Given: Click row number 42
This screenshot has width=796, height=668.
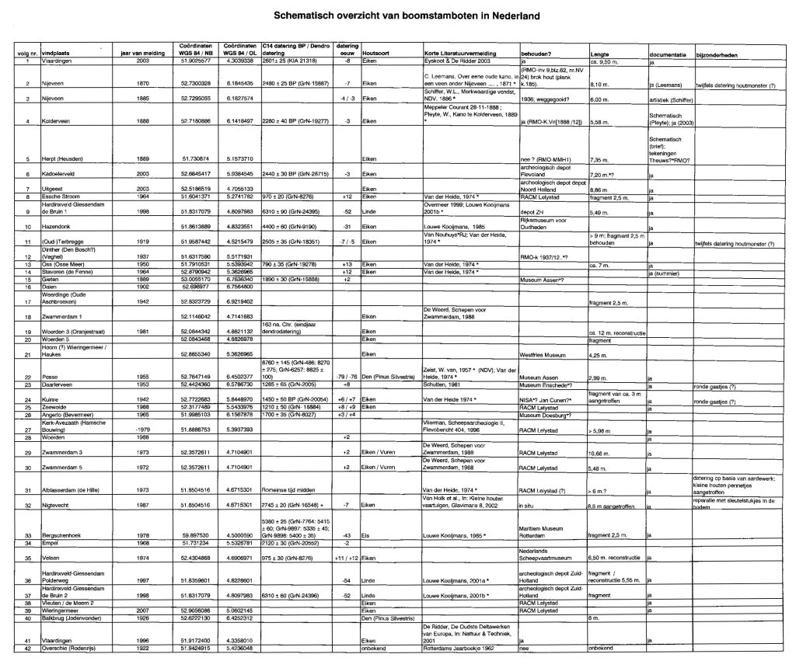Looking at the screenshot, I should (x=27, y=648).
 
